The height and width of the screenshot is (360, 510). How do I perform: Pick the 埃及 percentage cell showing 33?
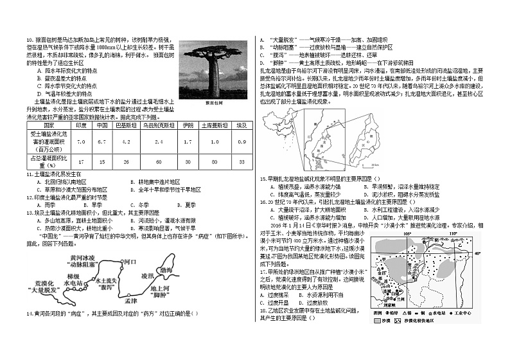coord(242,160)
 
